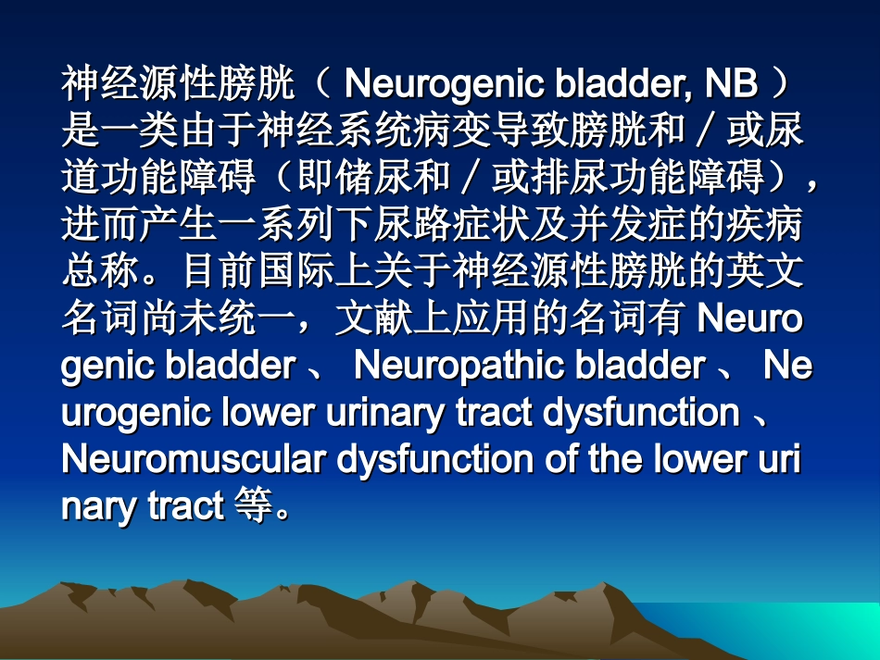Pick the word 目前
point(222,272)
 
